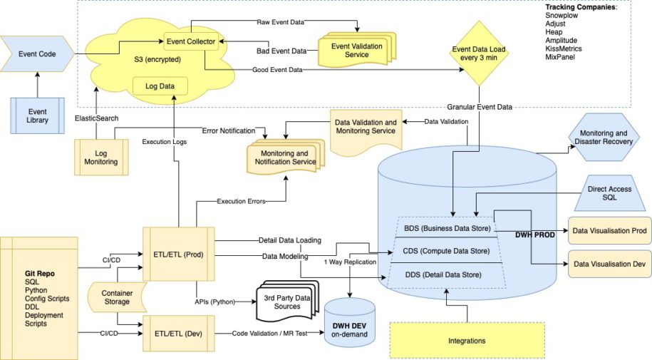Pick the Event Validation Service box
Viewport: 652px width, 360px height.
(x=356, y=51)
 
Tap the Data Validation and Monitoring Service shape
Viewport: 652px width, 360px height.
(x=366, y=127)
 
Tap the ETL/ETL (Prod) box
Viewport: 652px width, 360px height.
(x=179, y=254)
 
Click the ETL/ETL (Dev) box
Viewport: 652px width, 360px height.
(x=179, y=332)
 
